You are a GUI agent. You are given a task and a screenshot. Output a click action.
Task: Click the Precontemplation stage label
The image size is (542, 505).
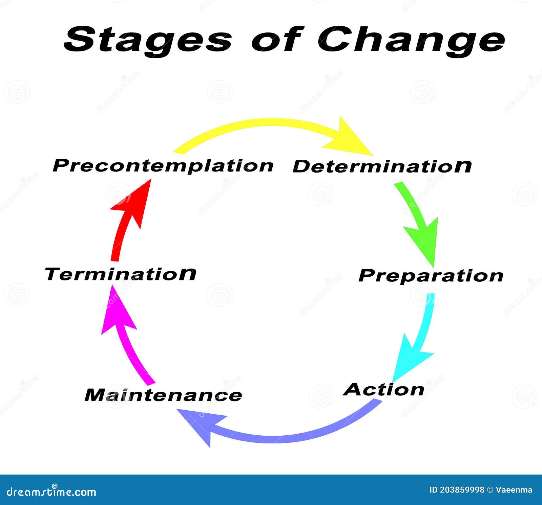click(163, 166)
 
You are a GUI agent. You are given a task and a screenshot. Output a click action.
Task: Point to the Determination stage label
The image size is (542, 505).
click(382, 166)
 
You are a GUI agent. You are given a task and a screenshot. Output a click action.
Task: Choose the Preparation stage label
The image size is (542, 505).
click(431, 276)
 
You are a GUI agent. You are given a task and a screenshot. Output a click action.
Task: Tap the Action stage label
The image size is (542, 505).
click(384, 390)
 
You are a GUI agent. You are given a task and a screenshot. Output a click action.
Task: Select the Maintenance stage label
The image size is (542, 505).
click(163, 395)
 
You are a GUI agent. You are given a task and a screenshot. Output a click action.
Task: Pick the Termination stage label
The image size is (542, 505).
click(120, 274)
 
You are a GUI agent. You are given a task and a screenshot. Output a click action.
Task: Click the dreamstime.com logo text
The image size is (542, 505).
click(51, 491)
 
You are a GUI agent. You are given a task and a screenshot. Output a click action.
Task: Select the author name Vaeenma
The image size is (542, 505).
click(514, 490)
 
